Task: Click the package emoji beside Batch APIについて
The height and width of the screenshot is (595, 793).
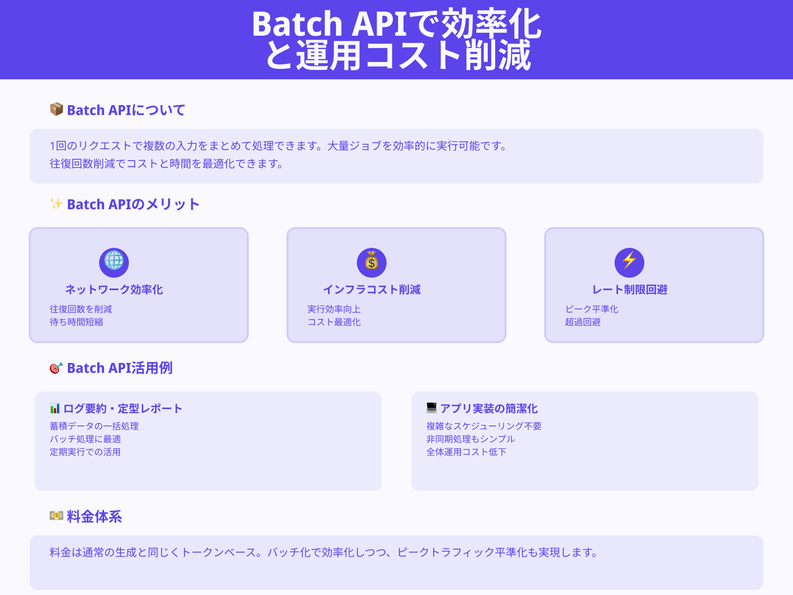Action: (56, 109)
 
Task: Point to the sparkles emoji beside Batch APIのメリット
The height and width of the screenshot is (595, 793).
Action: (56, 203)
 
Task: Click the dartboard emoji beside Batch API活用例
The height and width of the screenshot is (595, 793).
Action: (56, 368)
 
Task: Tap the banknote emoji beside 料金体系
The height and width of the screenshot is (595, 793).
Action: (56, 516)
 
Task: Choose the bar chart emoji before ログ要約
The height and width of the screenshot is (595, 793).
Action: (55, 408)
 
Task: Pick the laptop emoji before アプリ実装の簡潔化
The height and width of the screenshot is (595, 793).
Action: (431, 408)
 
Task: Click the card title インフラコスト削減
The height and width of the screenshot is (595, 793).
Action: (372, 290)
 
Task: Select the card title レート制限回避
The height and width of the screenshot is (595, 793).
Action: (629, 290)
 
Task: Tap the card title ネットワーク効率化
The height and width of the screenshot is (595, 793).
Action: (114, 290)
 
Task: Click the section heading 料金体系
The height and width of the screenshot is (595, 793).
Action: (94, 517)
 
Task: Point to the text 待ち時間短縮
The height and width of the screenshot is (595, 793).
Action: (76, 322)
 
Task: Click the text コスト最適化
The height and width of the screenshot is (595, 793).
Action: (334, 322)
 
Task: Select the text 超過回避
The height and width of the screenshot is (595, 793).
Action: (583, 322)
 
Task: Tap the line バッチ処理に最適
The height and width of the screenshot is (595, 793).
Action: (85, 439)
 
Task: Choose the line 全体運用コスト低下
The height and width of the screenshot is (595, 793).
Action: (466, 452)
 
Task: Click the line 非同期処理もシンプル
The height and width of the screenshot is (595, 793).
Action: (470, 439)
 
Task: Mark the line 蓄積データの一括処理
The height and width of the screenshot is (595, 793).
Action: (94, 426)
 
